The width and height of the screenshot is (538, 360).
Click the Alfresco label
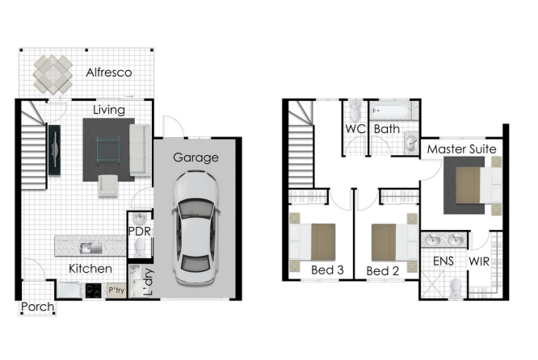click(109, 73)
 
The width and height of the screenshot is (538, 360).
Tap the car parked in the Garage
click(195, 228)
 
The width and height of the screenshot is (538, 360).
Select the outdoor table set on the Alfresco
click(53, 74)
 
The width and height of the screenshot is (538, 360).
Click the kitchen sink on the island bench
click(90, 248)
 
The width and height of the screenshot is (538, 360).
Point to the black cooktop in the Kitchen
click(94, 291)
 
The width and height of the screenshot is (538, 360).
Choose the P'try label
click(116, 291)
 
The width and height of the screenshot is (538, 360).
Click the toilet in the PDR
click(140, 247)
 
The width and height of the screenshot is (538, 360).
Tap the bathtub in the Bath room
click(390, 111)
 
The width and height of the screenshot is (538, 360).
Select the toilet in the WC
click(355, 111)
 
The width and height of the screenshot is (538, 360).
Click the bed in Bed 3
click(313, 241)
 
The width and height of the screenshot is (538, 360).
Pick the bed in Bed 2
click(394, 242)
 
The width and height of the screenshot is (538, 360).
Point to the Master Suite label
click(461, 149)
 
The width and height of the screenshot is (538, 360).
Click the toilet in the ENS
click(456, 287)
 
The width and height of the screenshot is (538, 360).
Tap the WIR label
click(479, 262)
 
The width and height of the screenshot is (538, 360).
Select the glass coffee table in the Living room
click(108, 150)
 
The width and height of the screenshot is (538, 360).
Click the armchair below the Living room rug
click(108, 186)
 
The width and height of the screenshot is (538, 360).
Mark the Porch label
click(38, 307)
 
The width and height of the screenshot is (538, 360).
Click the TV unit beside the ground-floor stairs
click(54, 150)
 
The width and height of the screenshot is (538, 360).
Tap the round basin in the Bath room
click(410, 143)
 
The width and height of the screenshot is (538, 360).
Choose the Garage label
click(195, 157)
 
